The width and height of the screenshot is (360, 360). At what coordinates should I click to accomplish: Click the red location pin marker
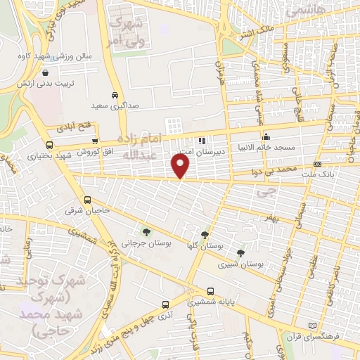tap(181, 166)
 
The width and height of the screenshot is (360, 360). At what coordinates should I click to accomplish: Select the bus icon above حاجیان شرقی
tap(87, 200)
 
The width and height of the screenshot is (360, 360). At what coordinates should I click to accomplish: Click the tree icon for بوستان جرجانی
tap(146, 231)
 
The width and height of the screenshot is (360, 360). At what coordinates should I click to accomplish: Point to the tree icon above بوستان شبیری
tap(241, 253)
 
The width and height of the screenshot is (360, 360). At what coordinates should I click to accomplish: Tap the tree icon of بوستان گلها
tap(205, 236)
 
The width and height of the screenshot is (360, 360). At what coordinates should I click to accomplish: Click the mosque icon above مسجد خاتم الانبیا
tap(266, 137)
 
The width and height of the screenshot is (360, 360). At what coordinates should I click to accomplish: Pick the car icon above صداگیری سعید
tap(115, 94)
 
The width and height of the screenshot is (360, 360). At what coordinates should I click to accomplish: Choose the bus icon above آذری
tap(165, 304)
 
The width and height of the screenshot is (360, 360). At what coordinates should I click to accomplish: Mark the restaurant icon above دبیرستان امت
tap(202, 140)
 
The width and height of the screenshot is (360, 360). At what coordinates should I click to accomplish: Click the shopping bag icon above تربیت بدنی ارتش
tap(46, 72)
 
